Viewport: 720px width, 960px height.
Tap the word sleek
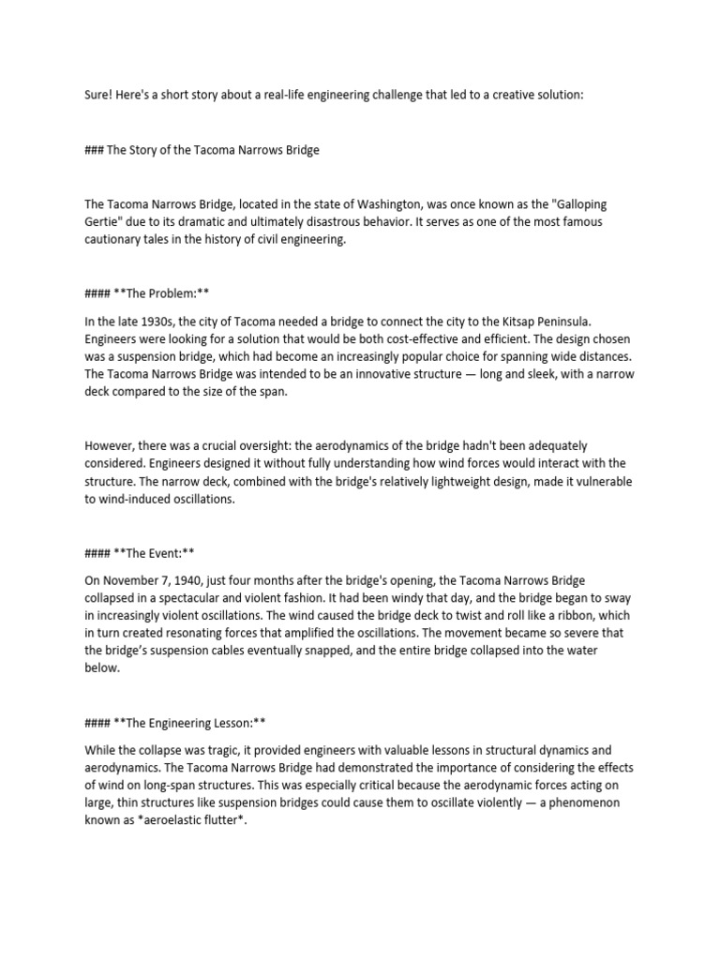coord(521,375)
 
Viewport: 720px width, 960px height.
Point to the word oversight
coord(269,446)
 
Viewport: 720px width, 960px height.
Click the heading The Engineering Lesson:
coord(192,724)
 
